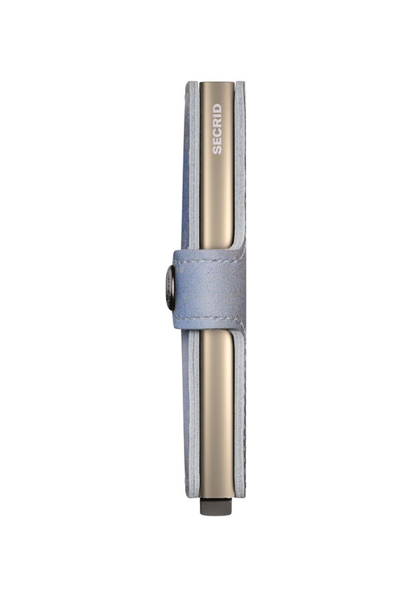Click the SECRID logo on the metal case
[x=217, y=129]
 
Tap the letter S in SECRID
[x=217, y=150]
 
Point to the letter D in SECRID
[x=217, y=108]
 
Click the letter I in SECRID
[x=217, y=116]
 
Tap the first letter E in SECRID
[x=217, y=141]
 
